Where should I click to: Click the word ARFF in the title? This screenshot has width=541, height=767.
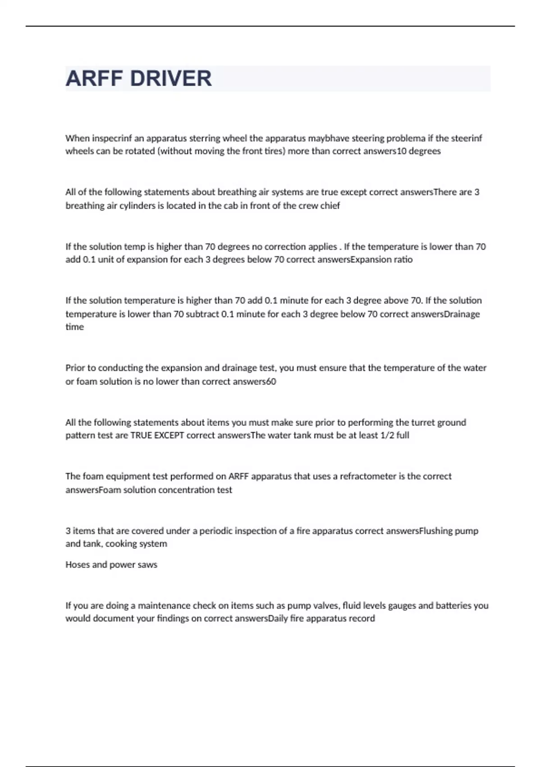coord(94,79)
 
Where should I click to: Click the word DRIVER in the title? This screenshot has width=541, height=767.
coord(170,79)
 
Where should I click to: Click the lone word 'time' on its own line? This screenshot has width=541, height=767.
coord(74,327)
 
